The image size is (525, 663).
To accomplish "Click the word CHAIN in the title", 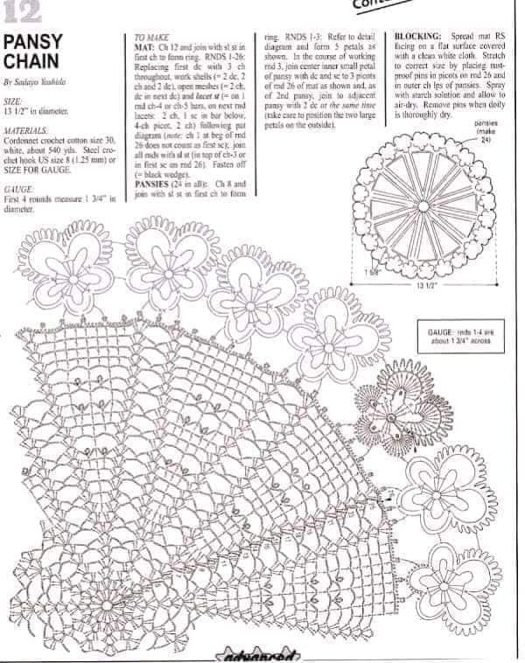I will coord(31,62).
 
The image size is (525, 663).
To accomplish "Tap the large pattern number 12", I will coord(21,11).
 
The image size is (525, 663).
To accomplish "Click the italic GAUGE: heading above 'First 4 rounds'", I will coord(18,189).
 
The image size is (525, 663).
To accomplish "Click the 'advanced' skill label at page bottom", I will coord(262,654).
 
